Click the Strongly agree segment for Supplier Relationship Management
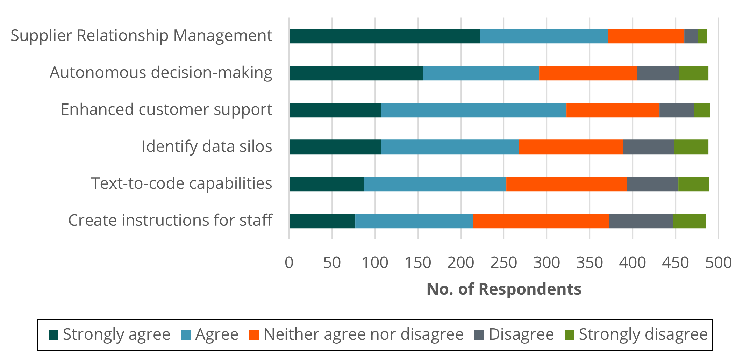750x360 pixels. point(384,36)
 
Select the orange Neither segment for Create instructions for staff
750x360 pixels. point(541,221)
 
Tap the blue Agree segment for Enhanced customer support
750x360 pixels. point(473,110)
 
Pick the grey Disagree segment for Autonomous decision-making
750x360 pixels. point(658,73)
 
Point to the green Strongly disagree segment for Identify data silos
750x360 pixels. point(691,147)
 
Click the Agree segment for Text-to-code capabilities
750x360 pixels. point(435,184)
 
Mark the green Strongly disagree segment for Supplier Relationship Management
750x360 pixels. point(702,36)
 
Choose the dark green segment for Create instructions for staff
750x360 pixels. point(322,221)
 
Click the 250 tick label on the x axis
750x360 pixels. point(503,263)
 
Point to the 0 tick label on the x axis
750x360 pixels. point(289,263)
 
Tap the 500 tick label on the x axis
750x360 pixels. point(719,263)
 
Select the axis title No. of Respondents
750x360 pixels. point(504,289)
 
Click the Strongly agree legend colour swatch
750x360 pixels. point(53,335)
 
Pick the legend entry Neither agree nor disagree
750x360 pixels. point(363,334)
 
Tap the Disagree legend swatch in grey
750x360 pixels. point(479,335)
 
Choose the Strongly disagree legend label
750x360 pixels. point(643,334)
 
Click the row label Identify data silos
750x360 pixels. point(207,146)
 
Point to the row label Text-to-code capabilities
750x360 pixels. point(181,183)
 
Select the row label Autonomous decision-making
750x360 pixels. point(161,73)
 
